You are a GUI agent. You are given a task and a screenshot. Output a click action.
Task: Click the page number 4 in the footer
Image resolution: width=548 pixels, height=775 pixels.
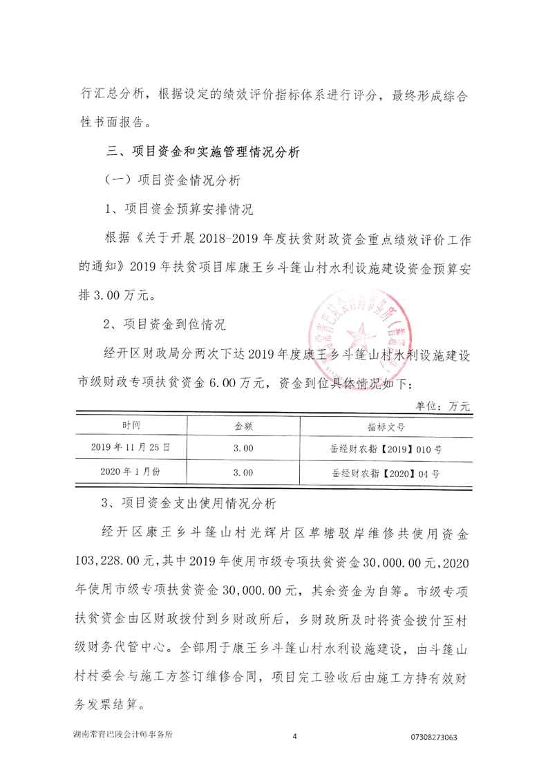294,737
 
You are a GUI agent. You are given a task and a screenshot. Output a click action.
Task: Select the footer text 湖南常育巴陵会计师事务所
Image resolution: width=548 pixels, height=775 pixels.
126,736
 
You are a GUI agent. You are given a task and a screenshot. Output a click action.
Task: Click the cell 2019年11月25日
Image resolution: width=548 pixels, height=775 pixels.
130,448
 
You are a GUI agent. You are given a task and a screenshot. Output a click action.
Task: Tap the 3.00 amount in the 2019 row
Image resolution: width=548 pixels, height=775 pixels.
243,449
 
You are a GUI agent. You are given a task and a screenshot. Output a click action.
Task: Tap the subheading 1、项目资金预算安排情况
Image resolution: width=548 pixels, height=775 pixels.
170,209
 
